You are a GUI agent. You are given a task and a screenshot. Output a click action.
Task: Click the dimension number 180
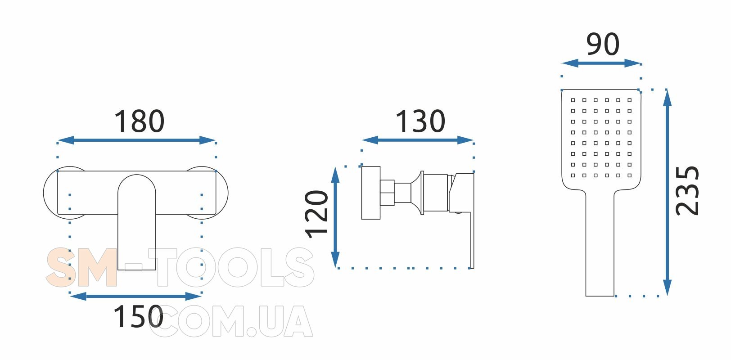(x=140, y=121)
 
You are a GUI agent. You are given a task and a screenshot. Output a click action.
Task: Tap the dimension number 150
(x=138, y=316)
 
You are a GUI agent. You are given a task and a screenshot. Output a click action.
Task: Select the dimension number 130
(x=420, y=121)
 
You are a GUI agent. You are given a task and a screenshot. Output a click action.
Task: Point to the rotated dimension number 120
(x=316, y=214)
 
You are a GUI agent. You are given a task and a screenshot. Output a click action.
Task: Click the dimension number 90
(x=603, y=44)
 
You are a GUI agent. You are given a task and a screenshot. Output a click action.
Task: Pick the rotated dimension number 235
(x=687, y=191)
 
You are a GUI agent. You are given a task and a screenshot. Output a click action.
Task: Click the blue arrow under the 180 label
(x=137, y=140)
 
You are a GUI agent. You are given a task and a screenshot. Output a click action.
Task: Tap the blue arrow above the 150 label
(x=136, y=297)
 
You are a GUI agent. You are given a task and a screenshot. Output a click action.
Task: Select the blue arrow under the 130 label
(x=418, y=140)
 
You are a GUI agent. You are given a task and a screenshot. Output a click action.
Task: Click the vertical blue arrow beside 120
(x=335, y=217)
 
